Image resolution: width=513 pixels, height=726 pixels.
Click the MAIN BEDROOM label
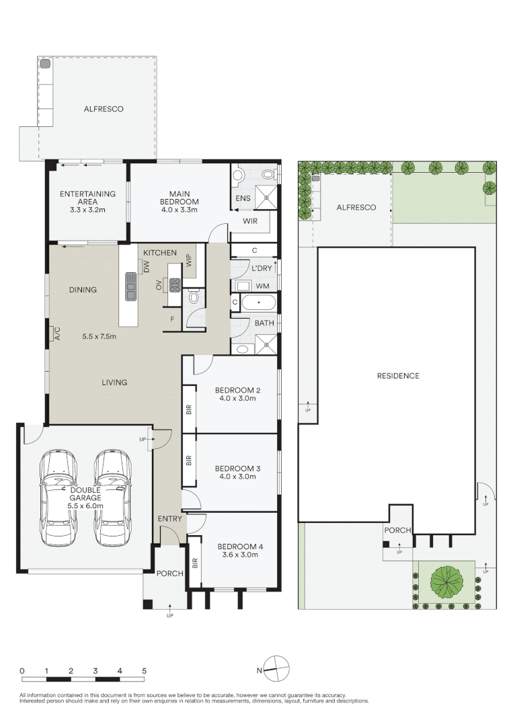179,198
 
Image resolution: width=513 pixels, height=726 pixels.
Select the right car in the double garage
112,497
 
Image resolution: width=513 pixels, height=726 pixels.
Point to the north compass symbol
276,668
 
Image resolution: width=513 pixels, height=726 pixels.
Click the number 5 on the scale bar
144,671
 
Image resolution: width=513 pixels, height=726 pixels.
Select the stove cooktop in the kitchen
175,285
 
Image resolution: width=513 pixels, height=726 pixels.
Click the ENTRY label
169,519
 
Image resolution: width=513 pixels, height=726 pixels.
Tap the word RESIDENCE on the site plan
397,376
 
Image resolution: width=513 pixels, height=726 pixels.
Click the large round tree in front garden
446,581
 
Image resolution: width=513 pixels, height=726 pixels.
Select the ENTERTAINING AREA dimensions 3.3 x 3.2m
88,210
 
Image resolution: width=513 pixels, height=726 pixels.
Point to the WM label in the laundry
263,286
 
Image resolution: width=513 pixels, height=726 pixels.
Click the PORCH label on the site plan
397,530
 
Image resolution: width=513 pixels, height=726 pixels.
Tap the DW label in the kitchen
146,267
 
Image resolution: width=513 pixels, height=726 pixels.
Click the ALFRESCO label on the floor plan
104,108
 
